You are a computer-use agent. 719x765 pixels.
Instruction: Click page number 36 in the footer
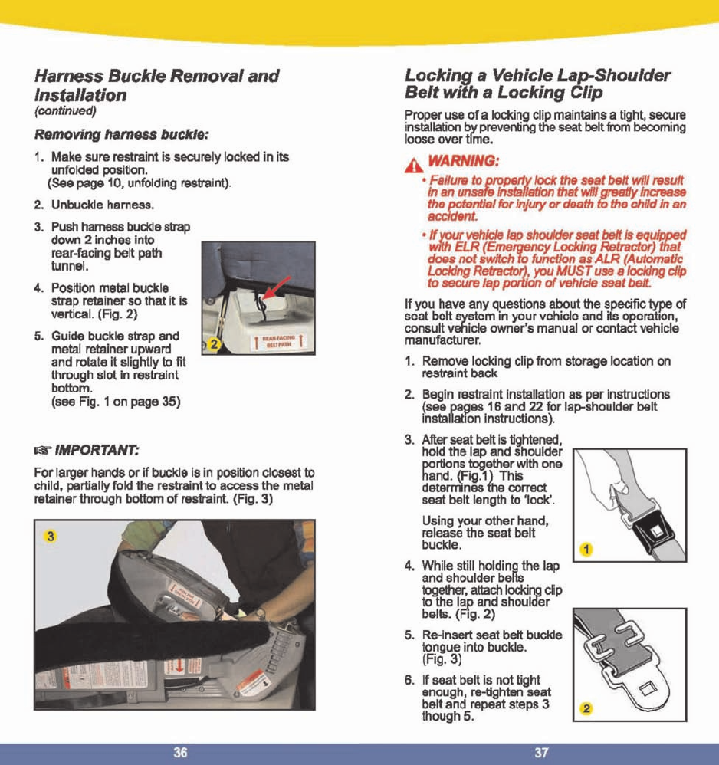point(180,753)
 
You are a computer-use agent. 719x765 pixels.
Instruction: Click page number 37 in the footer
point(541,753)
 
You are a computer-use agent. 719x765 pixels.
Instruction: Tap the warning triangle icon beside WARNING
point(416,163)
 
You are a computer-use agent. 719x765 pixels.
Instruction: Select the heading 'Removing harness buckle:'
point(121,135)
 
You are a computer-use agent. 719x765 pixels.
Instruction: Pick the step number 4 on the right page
point(409,566)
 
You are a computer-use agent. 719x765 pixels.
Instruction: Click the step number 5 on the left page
point(38,336)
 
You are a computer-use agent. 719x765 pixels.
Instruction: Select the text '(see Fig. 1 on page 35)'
point(115,402)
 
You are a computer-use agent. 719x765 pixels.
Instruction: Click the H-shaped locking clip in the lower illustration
point(612,642)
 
